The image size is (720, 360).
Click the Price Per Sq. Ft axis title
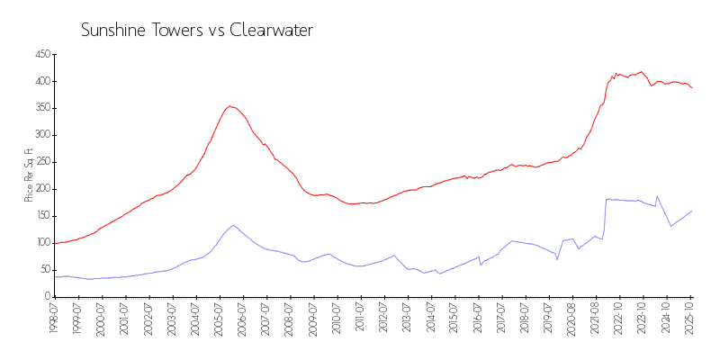(x=29, y=175)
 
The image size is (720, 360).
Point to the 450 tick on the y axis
(x=40, y=54)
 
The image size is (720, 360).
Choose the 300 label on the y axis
(x=40, y=135)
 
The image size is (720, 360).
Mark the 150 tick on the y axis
(x=40, y=216)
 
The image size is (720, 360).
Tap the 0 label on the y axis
(x=46, y=296)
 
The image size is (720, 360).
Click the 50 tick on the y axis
(x=43, y=269)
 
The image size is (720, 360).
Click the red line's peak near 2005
(x=230, y=105)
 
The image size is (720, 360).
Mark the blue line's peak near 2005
(x=233, y=225)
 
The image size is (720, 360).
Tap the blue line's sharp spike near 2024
(x=657, y=195)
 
